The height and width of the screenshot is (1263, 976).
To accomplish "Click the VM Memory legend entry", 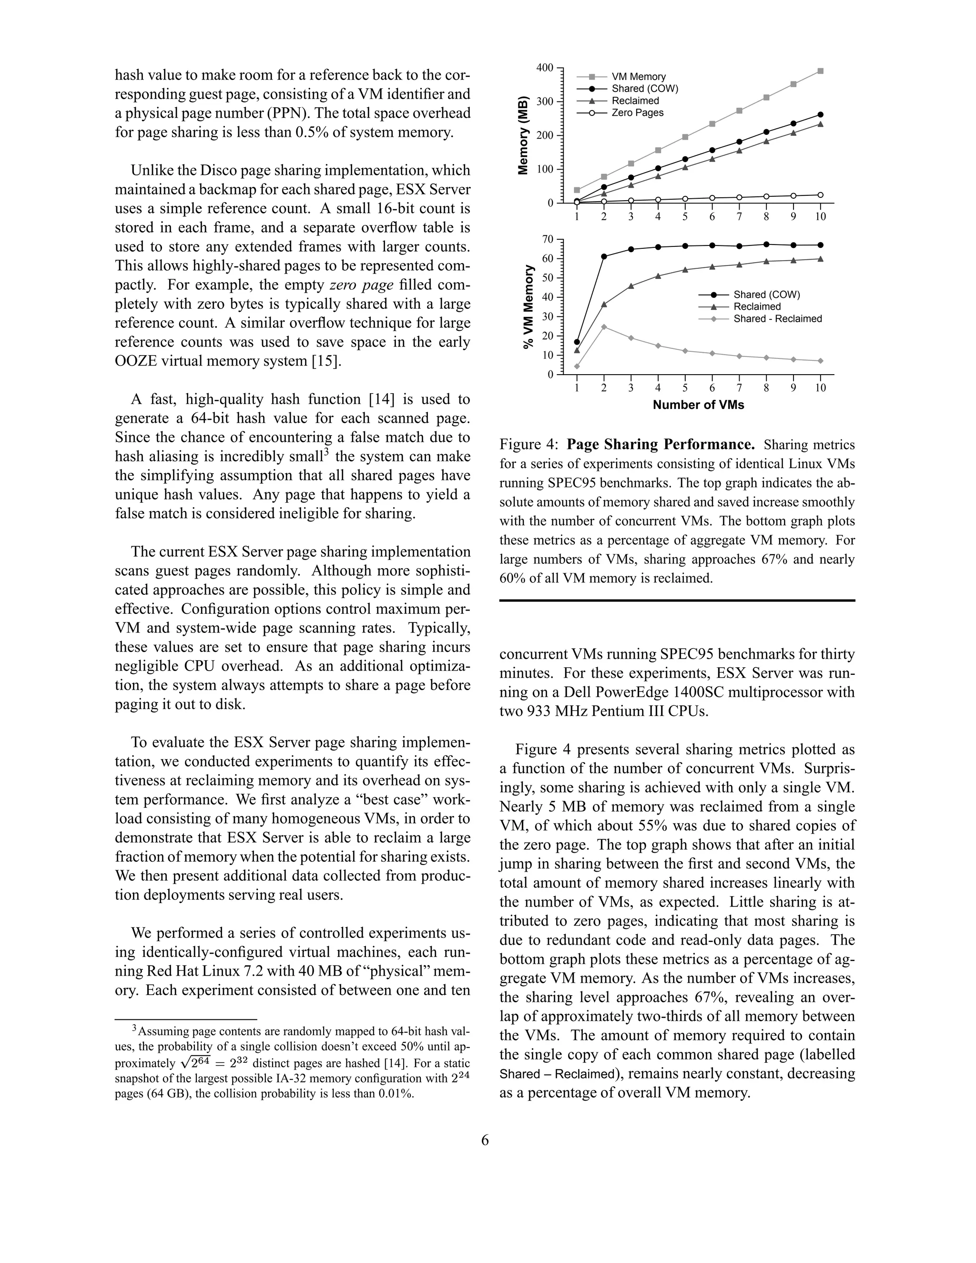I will coord(638,76).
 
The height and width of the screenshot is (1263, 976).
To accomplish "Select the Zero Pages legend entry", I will coord(637,113).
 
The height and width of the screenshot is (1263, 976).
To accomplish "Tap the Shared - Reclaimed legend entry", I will coord(777,319).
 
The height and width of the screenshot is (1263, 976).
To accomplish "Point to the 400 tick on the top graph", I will coord(545,68).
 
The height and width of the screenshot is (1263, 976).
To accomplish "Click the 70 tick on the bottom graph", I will coord(548,239).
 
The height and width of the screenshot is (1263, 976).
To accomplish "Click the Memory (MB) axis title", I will coord(523,135).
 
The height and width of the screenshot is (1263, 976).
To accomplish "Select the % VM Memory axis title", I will coord(528,306).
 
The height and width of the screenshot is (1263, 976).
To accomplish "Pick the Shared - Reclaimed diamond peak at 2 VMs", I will coord(604,327).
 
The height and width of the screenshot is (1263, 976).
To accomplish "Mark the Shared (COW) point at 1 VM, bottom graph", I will coord(577,342).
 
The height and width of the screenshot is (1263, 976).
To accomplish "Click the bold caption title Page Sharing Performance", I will coord(661,444).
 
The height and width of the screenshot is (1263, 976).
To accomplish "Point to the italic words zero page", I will coord(361,285).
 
